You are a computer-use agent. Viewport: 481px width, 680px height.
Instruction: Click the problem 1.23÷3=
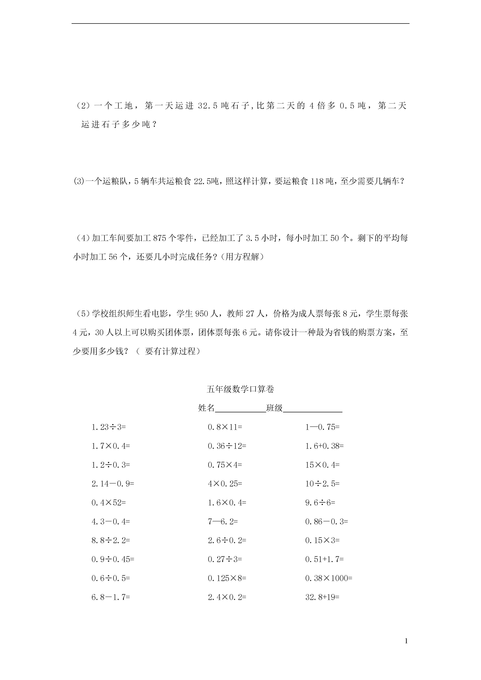pyautogui.click(x=109, y=427)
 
